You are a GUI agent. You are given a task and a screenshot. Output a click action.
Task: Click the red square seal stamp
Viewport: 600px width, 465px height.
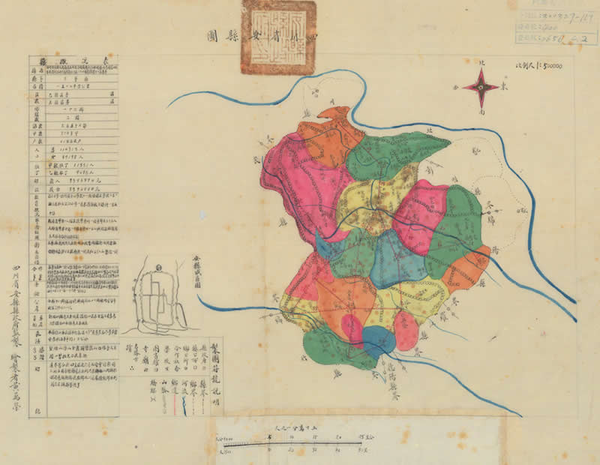tap(277, 37)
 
